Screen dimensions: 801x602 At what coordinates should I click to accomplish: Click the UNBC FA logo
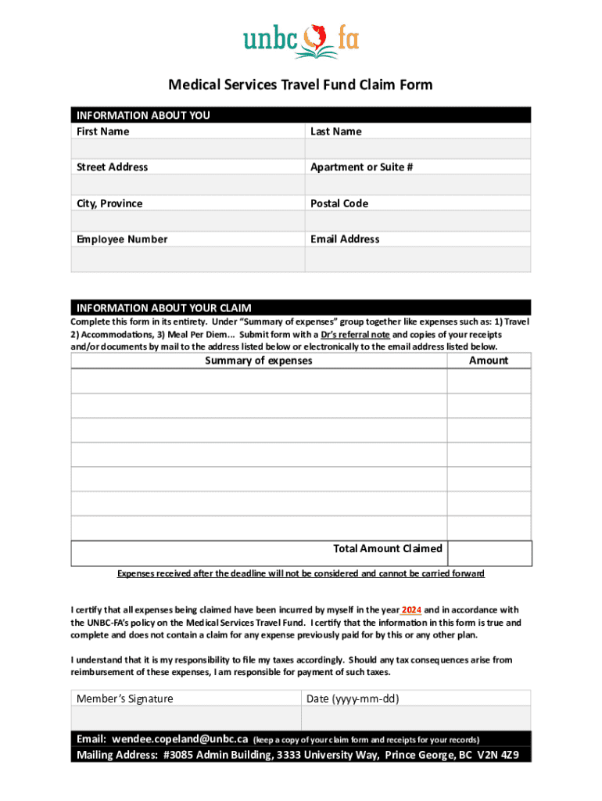[x=301, y=41]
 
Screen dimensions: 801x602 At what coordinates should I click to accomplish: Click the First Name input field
[x=187, y=149]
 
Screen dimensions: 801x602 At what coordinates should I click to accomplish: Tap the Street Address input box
[x=187, y=185]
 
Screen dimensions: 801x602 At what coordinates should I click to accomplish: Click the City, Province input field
[x=187, y=221]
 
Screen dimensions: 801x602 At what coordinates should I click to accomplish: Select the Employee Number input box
[x=187, y=259]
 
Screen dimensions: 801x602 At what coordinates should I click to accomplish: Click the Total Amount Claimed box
[x=489, y=552]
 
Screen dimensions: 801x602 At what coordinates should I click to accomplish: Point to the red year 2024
[x=411, y=610]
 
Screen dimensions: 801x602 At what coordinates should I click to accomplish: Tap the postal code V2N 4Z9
[x=500, y=756]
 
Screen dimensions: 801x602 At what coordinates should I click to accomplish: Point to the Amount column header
[x=489, y=361]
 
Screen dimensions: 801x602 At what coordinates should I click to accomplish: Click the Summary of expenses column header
[x=258, y=361]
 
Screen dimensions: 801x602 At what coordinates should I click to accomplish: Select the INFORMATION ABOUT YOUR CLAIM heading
[x=163, y=307]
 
